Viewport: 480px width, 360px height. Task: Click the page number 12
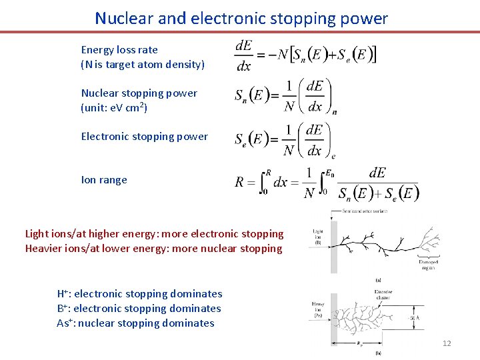tap(447, 343)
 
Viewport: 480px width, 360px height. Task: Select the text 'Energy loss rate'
tap(119, 49)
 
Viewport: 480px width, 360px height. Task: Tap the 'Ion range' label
tap(104, 180)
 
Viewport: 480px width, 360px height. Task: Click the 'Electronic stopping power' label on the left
tap(145, 137)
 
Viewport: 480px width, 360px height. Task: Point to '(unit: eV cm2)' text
tap(114, 107)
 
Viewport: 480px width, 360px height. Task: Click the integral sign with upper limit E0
tap(325, 182)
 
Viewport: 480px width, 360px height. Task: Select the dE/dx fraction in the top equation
tap(244, 55)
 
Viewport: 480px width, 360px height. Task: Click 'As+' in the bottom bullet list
tap(65, 323)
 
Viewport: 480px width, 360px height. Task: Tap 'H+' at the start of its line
tap(65, 294)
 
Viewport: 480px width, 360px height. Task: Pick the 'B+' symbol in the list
tap(64, 309)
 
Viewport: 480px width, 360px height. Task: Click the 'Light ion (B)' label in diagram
tap(319, 236)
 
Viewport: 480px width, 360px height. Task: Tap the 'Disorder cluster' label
tap(383, 294)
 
